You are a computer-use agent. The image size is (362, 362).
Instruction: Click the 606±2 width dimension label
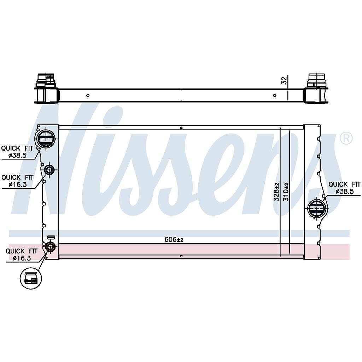pyautogui.click(x=174, y=239)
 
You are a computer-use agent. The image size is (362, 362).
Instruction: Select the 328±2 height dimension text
pyautogui.click(x=276, y=192)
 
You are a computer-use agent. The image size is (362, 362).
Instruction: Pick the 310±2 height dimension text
pyautogui.click(x=286, y=192)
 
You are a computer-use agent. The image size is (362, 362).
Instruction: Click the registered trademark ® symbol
pyautogui.click(x=346, y=138)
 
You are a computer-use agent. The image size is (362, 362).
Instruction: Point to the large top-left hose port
pyautogui.click(x=46, y=139)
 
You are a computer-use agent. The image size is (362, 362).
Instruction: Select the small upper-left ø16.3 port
pyautogui.click(x=49, y=170)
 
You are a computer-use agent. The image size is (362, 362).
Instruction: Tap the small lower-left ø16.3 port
pyautogui.click(x=50, y=246)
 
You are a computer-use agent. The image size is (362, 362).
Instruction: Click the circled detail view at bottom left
pyautogui.click(x=31, y=278)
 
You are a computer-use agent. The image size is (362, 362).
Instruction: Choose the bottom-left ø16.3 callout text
pyautogui.click(x=22, y=258)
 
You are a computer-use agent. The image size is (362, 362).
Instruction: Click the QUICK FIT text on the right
pyautogui.click(x=345, y=184)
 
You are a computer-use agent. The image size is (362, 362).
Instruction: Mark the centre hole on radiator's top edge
pyautogui.click(x=181, y=128)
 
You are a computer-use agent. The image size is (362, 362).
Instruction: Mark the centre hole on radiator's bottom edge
pyautogui.click(x=181, y=256)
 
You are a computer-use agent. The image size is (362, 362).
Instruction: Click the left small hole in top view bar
pyautogui.click(x=88, y=95)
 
